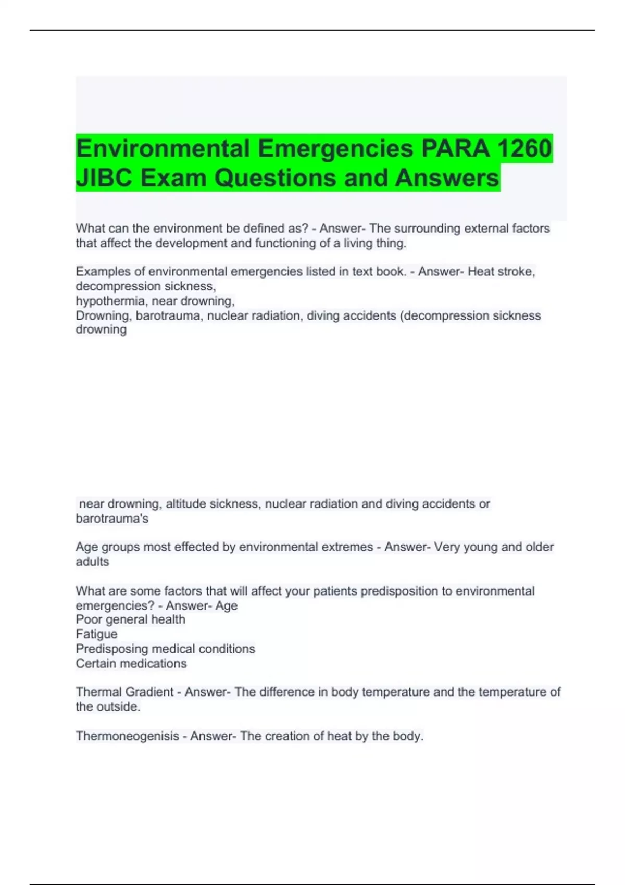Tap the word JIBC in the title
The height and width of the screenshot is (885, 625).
[x=104, y=178]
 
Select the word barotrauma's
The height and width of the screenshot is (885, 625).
[x=112, y=519]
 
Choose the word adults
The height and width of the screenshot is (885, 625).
[x=92, y=562]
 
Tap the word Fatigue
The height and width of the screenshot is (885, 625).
[x=96, y=634]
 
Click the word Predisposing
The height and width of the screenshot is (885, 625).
[x=112, y=649]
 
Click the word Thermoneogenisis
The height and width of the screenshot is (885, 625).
[x=127, y=736]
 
